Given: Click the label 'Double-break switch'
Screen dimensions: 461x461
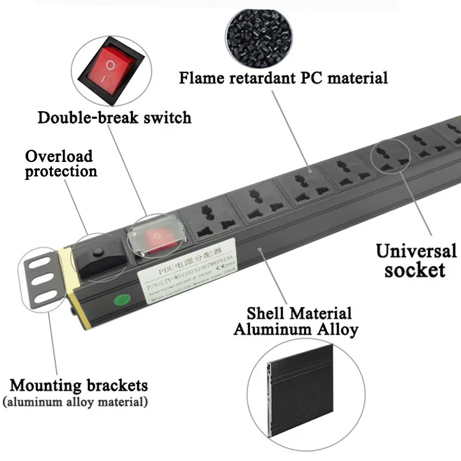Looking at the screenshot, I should point(114,118).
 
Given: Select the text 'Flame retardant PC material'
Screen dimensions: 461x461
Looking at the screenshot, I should point(283,77).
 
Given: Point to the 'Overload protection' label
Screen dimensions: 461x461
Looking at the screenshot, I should point(61,164).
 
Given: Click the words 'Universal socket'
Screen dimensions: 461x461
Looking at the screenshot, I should point(416,260).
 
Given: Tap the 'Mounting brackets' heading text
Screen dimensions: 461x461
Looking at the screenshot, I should point(78,385).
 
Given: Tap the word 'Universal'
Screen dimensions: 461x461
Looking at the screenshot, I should point(417,251).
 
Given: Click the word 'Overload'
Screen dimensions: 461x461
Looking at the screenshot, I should point(58,156).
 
